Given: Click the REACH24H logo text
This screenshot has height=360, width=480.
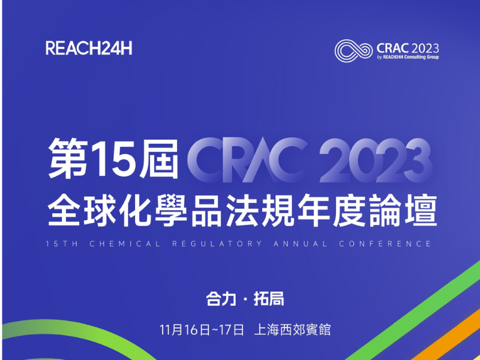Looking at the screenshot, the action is point(89,49).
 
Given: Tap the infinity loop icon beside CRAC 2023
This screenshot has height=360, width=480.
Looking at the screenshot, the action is point(353,51).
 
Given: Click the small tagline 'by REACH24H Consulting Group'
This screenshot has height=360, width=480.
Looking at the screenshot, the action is point(408,57).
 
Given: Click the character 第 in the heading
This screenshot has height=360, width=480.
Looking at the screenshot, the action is point(68,158).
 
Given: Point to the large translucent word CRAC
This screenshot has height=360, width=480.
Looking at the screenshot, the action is point(247,160).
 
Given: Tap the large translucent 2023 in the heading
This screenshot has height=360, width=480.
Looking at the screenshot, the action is point(376,160).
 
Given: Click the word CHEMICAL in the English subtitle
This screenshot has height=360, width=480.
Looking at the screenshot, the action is point(125,244).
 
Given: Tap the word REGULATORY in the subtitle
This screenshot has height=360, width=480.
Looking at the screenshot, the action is point(217,244).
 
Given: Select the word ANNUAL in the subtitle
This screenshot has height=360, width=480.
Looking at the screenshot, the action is point(301,244).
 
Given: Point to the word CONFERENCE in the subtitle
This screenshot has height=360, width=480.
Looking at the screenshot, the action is point(385,244).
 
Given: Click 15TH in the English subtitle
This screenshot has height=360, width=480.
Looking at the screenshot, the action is point(62,244).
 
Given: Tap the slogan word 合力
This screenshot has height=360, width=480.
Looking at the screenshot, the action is point(221,299).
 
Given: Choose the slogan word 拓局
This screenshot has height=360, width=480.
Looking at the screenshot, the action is point(269,299).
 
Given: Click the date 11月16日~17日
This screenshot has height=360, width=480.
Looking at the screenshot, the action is point(202,330).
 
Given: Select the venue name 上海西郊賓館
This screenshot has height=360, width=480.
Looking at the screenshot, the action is point(292,330).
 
